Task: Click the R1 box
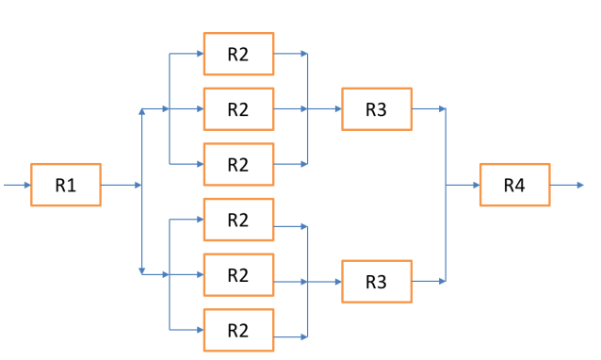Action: tap(65, 186)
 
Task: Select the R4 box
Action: tap(513, 186)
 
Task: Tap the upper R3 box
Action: tap(376, 109)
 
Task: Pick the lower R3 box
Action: tap(376, 281)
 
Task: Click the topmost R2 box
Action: tap(238, 54)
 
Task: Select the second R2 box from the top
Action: tap(238, 109)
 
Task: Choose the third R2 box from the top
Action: tap(238, 164)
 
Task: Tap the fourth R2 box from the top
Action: tap(238, 220)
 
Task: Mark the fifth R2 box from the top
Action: tap(238, 274)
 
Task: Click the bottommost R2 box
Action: tap(238, 330)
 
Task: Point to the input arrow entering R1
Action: tap(17, 186)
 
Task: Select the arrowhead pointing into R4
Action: tap(475, 186)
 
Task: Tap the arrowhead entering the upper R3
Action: tap(337, 109)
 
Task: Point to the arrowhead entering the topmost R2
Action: tap(199, 54)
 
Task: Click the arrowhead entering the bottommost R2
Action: tap(199, 330)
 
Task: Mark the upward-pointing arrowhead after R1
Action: tap(141, 111)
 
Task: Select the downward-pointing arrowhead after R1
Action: tap(141, 270)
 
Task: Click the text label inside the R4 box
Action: tap(513, 186)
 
